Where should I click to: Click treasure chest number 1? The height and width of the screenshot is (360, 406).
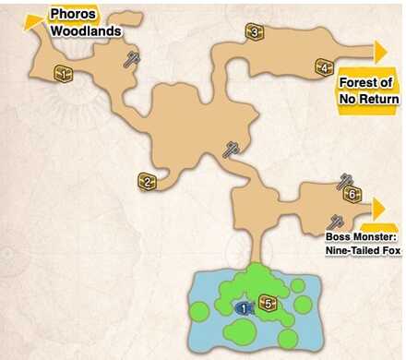[64, 72]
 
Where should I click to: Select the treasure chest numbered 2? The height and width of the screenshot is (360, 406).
[146, 181]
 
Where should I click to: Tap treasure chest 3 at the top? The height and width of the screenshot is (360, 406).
[254, 33]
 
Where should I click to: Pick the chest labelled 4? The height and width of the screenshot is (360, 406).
[323, 67]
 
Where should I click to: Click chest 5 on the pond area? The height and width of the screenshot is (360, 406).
[268, 302]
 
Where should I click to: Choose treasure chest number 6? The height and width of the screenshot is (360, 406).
[351, 194]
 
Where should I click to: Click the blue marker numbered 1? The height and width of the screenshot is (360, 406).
[244, 306]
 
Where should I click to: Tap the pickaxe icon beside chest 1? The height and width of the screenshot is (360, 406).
[134, 59]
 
